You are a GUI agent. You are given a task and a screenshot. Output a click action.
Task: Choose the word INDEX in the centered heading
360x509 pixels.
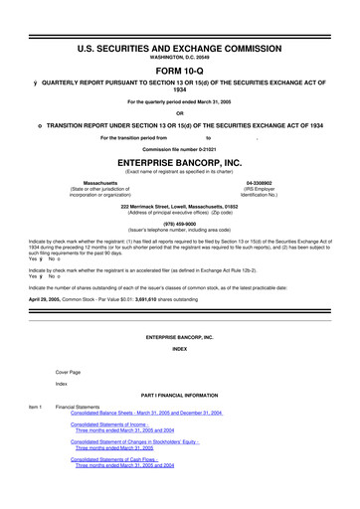[x=180, y=349]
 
